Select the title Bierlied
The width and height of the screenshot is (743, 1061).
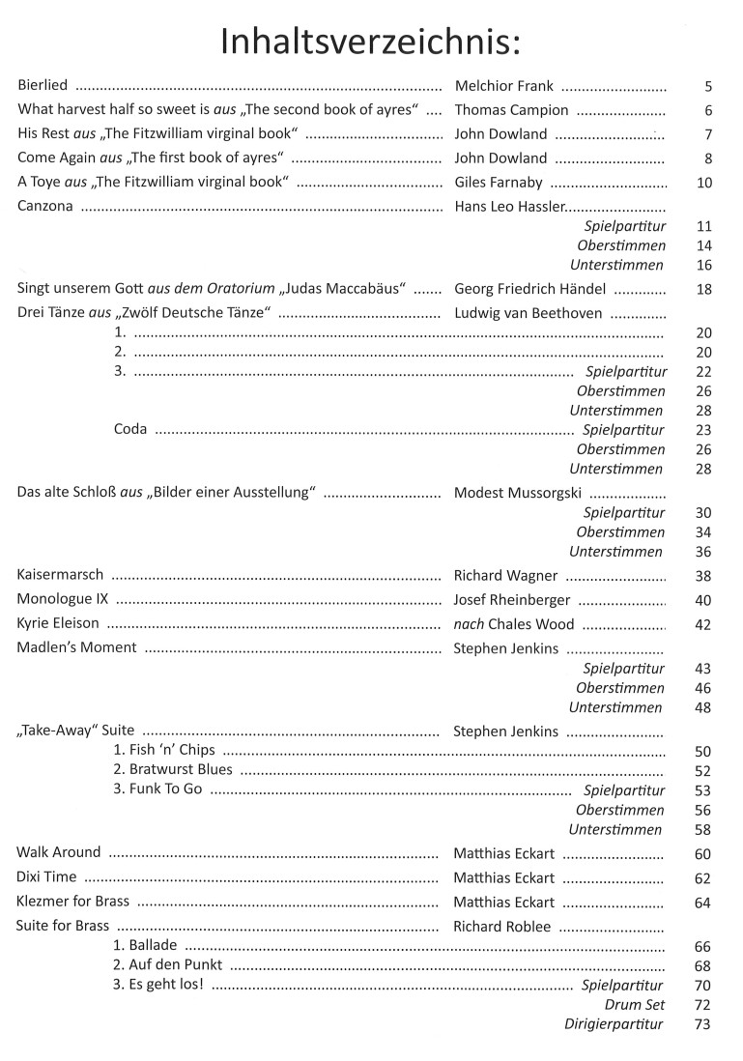43,85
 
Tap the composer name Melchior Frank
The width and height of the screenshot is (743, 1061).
503,86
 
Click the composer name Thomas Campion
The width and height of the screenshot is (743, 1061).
511,110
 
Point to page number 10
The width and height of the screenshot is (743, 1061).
702,183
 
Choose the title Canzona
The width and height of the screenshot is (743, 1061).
45,206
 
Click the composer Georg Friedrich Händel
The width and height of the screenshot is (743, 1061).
529,288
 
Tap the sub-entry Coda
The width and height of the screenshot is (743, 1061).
130,429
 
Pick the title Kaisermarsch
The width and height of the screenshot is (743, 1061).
60,575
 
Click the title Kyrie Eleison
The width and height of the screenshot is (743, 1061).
58,623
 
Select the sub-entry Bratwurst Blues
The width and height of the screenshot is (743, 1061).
174,770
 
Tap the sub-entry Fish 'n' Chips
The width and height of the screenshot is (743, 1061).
165,750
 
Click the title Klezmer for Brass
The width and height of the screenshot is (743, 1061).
73,902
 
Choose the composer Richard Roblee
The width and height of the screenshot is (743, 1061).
502,927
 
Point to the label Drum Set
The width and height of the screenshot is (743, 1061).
635,1005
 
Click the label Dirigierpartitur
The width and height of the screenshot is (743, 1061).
614,1024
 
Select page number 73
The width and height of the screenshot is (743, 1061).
702,1024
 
